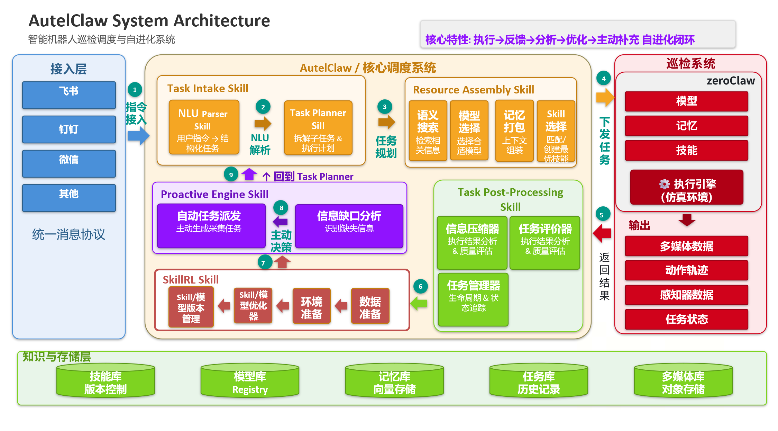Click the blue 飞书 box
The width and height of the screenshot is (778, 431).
pyautogui.click(x=69, y=95)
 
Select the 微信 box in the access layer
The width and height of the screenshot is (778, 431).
pyautogui.click(x=69, y=163)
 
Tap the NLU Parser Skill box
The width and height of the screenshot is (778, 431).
pyautogui.click(x=204, y=127)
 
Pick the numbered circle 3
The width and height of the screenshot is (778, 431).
pyautogui.click(x=384, y=107)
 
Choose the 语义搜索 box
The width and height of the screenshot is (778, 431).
pyautogui.click(x=428, y=131)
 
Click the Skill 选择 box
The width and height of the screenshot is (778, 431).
pyautogui.click(x=556, y=131)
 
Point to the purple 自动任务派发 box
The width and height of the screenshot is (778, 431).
pyautogui.click(x=211, y=225)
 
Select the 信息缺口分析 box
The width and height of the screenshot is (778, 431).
pyautogui.click(x=349, y=226)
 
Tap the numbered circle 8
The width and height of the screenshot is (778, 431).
pyautogui.click(x=281, y=208)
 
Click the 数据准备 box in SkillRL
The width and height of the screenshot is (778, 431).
pyautogui.click(x=370, y=306)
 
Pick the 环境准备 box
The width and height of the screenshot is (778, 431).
pyautogui.click(x=311, y=306)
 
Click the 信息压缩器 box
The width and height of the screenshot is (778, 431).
pyautogui.click(x=472, y=242)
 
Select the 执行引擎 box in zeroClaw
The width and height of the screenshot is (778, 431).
pyautogui.click(x=686, y=187)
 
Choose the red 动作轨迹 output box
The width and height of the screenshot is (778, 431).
pyautogui.click(x=686, y=270)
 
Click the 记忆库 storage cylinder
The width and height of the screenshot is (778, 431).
pyautogui.click(x=394, y=381)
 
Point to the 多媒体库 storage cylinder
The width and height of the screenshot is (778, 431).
pyautogui.click(x=683, y=381)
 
